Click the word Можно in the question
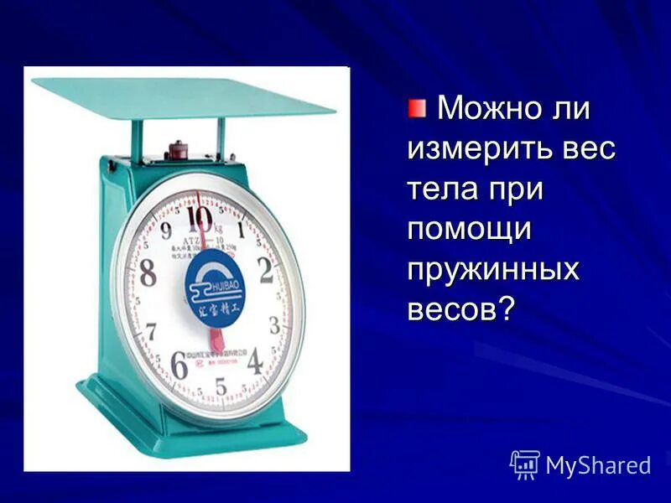pyautogui.click(x=486, y=109)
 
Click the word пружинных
pyautogui.click(x=493, y=271)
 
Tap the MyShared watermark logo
pyautogui.click(x=580, y=464)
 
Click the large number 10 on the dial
pyautogui.click(x=201, y=218)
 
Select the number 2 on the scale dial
pyautogui.click(x=266, y=271)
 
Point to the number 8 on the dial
pyautogui.click(x=148, y=273)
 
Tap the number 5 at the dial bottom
pyautogui.click(x=221, y=386)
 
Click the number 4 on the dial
pyautogui.click(x=255, y=360)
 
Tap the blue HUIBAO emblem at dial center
pyautogui.click(x=213, y=289)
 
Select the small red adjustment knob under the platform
pyautogui.click(x=177, y=152)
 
